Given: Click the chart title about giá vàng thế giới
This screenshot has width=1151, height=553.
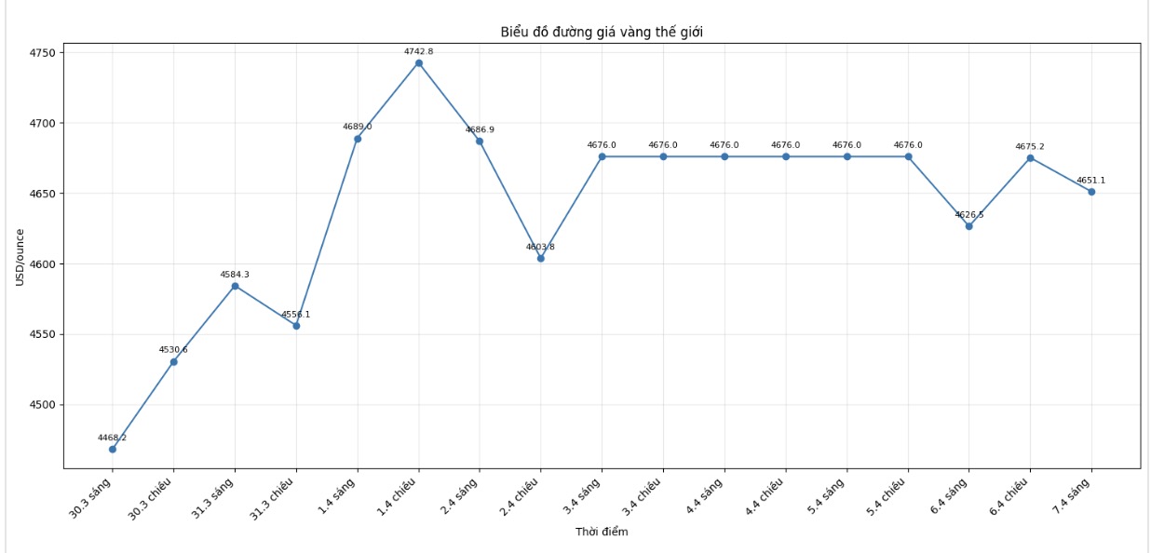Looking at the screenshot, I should (x=601, y=33).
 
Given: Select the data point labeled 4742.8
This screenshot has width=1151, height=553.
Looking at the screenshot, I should (x=418, y=63).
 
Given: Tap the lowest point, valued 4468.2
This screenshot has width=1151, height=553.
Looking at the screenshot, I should (x=113, y=449).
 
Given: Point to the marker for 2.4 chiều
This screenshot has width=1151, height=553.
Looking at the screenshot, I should (x=540, y=258).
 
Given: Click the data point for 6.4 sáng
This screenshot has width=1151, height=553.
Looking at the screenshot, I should (x=968, y=226).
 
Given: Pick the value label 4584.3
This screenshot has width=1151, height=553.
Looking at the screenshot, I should (x=235, y=275).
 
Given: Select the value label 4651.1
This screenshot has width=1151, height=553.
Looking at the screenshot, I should (x=1091, y=181).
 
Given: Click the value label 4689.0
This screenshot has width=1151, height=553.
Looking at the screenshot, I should (x=357, y=127).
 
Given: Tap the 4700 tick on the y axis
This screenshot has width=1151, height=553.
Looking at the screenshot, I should (x=43, y=123).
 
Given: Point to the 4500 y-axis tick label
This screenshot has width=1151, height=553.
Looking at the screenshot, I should (x=43, y=405).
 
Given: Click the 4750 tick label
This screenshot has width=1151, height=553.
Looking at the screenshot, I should (x=43, y=52).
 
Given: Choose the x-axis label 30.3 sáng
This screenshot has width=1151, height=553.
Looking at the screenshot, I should (x=92, y=497).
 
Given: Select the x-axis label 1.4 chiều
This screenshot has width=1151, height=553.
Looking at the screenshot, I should (x=397, y=499).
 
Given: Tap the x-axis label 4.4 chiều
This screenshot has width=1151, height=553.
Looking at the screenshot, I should (x=764, y=499).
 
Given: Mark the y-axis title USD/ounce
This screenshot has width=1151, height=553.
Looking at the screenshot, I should (x=20, y=257).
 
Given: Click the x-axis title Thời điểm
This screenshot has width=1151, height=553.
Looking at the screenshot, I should (x=601, y=532).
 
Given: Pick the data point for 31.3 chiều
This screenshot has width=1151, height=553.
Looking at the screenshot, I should (x=296, y=326).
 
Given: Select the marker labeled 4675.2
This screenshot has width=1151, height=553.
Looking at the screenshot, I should (x=1030, y=158).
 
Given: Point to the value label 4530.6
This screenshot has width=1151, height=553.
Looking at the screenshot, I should (x=173, y=350).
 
